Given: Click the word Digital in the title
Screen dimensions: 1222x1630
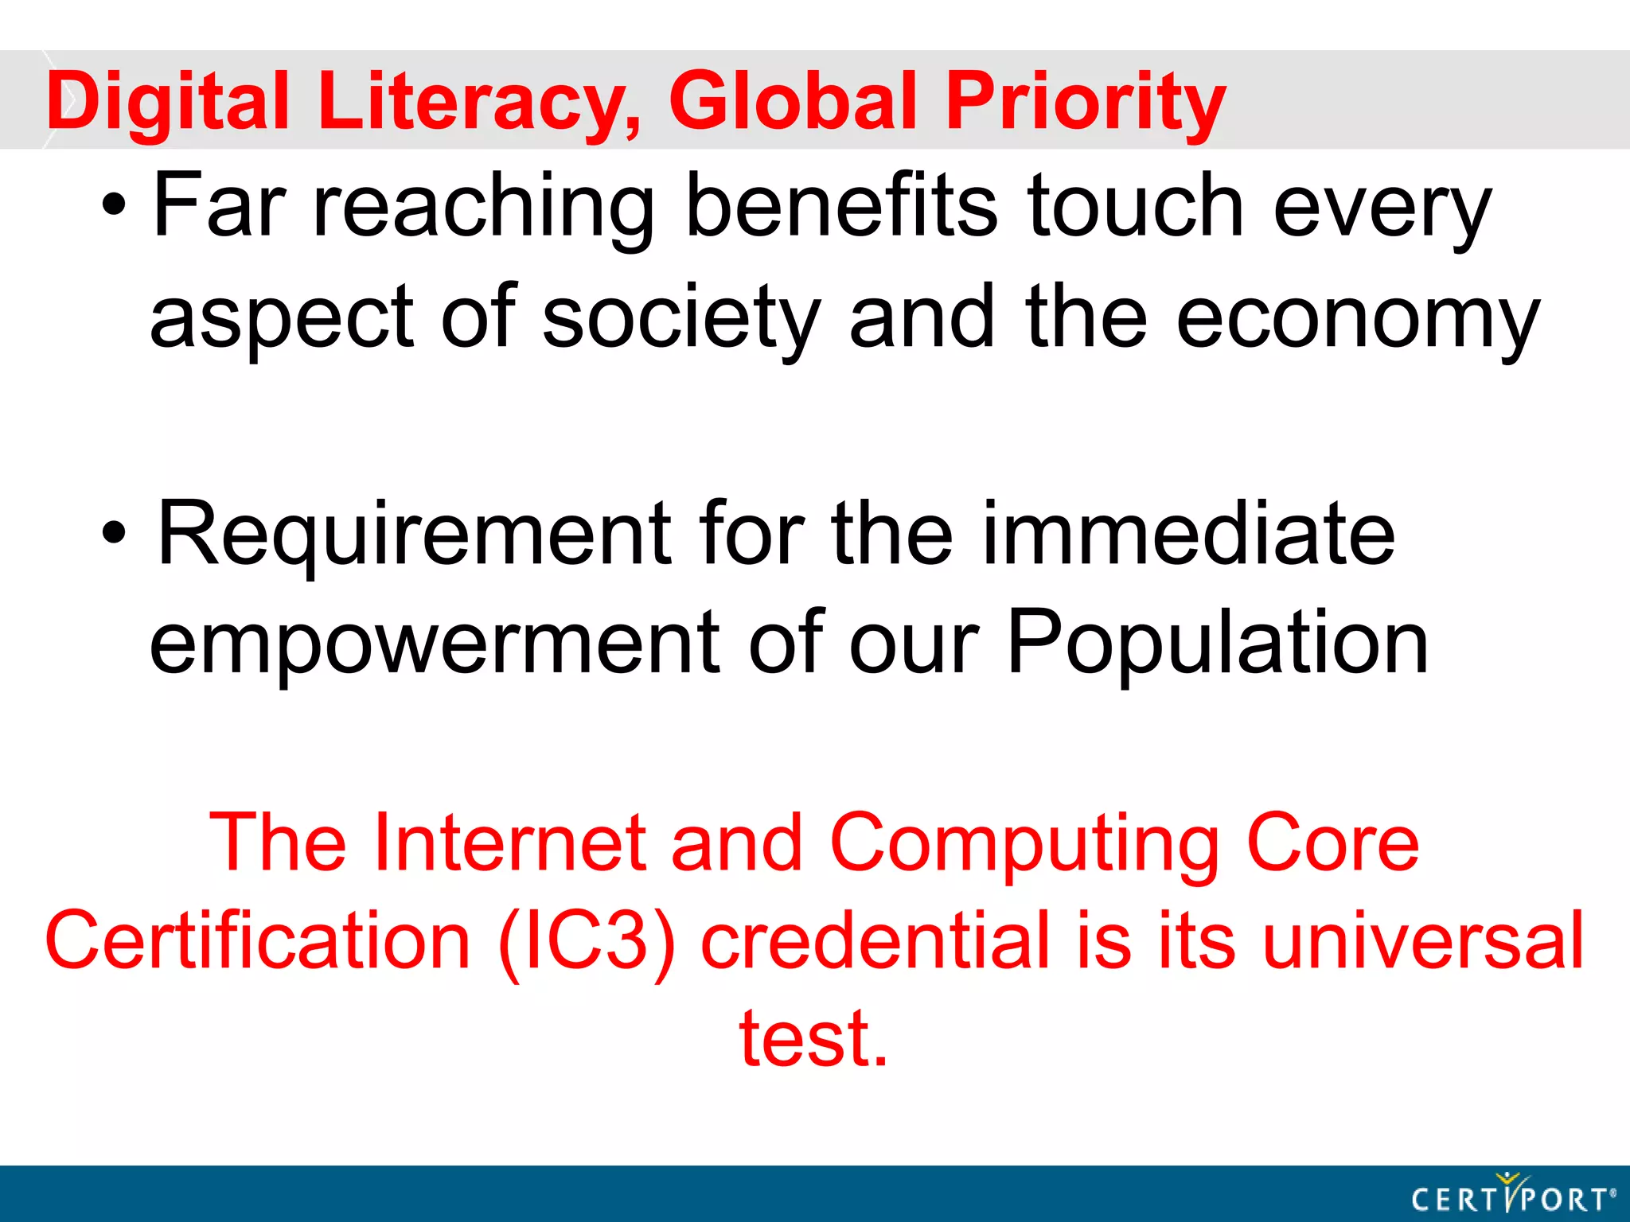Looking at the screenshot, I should tap(167, 101).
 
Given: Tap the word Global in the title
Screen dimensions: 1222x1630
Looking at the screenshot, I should tap(797, 101).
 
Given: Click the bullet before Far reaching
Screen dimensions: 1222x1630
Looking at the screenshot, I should tap(114, 206).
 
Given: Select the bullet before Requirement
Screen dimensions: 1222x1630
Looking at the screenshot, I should tap(114, 534).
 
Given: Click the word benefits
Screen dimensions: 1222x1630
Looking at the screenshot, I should tap(840, 206).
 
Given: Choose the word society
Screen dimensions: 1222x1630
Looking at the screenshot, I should tap(681, 318).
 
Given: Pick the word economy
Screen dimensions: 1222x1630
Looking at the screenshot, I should tap(1358, 318).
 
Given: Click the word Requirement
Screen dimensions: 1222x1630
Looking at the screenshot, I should tap(414, 534).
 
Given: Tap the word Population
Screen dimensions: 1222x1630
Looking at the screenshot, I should tap(1218, 643).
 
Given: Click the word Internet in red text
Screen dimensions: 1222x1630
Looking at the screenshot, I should tap(509, 843).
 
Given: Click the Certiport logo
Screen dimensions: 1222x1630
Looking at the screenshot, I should tap(1513, 1195).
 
